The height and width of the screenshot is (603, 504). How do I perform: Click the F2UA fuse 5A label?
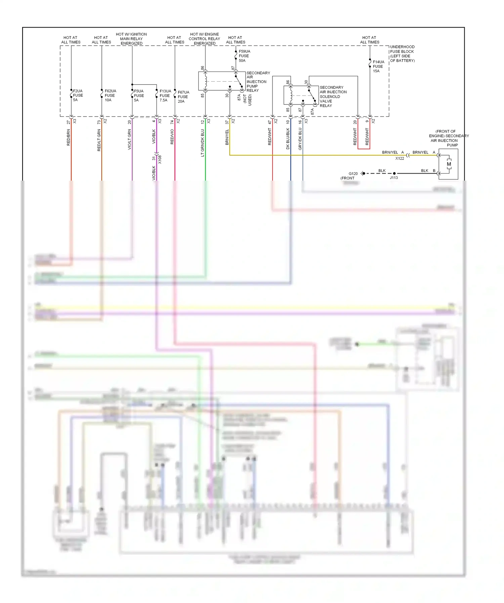coord(78,95)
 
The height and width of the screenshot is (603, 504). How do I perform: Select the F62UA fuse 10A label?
coord(110,95)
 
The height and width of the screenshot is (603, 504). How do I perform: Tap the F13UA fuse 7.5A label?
coord(165,96)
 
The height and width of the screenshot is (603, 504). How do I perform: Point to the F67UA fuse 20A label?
coord(183,97)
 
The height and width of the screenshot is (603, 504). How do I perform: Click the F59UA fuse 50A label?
coord(244,56)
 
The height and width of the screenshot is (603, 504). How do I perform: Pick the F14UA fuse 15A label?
coord(378,66)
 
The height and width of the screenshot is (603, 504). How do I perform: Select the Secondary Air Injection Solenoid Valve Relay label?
coord(333,96)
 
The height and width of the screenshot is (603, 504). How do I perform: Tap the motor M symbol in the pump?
coord(449,164)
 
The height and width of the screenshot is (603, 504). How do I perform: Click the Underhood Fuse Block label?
coord(402,54)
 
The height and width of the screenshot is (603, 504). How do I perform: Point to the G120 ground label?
coord(353,174)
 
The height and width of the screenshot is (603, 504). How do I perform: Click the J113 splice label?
coord(393,178)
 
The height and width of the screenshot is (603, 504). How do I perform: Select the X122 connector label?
coord(400,158)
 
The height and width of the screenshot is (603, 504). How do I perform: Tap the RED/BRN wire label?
coord(69,137)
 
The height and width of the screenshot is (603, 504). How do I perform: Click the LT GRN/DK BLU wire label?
coord(203,143)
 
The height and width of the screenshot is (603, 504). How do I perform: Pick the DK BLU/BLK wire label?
coord(288,139)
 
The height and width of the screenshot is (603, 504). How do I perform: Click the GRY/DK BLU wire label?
coord(300,139)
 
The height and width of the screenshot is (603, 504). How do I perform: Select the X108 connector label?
coord(160,159)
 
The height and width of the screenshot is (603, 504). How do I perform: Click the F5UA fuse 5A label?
coord(138,96)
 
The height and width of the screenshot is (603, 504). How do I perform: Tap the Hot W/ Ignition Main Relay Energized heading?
coord(131,39)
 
